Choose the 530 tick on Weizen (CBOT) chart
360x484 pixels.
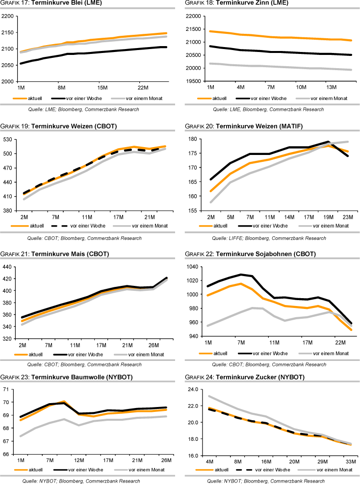point(8,140)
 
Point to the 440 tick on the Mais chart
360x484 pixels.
point(8,267)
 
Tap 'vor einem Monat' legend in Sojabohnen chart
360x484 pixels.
point(332,353)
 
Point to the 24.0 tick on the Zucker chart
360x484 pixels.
point(193,389)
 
